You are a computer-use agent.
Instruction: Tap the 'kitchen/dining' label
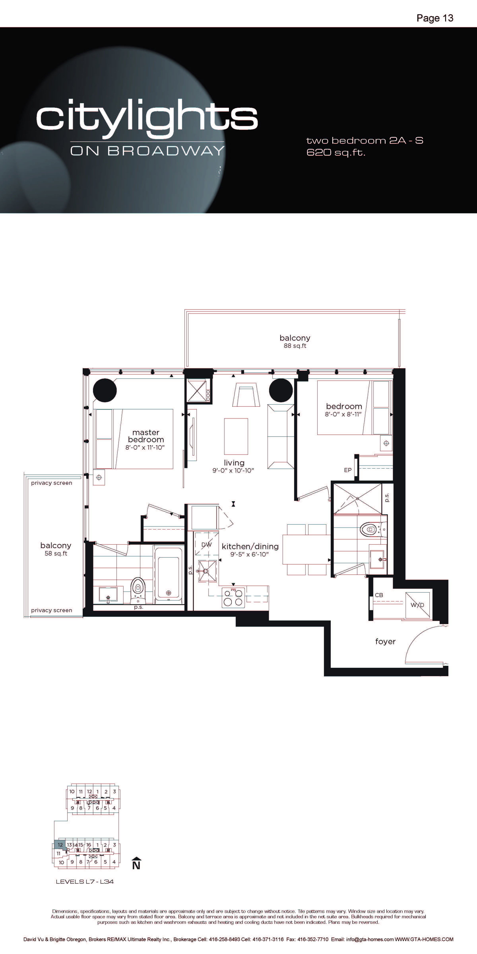coord(250,546)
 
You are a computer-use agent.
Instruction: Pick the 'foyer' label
coord(385,641)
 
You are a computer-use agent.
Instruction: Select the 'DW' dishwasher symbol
coord(206,544)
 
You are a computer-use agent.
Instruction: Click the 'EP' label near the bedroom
coord(348,470)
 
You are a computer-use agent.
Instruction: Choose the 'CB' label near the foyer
coord(379,595)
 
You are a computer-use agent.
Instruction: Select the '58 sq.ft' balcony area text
coord(56,554)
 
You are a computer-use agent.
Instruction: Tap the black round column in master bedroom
coord(105,390)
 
